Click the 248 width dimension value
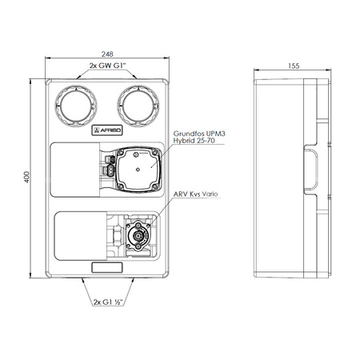coord(107,54)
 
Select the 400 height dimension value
coord(26,177)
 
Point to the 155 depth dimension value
coord(294,66)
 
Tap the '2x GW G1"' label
coord(107,66)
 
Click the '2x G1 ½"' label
coord(108,302)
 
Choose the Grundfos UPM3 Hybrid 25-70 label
coord(199,137)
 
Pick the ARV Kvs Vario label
coord(196,194)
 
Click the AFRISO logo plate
coord(107,130)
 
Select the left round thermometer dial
coord(76,106)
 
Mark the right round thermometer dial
coord(138,106)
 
